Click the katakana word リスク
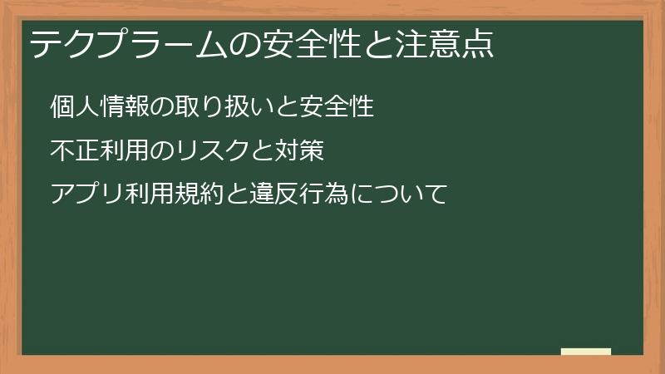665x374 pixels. (217, 151)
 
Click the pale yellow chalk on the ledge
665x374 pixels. (586, 352)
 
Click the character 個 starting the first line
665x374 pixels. (61, 107)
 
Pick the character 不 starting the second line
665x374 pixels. (61, 151)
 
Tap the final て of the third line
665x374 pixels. (436, 195)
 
